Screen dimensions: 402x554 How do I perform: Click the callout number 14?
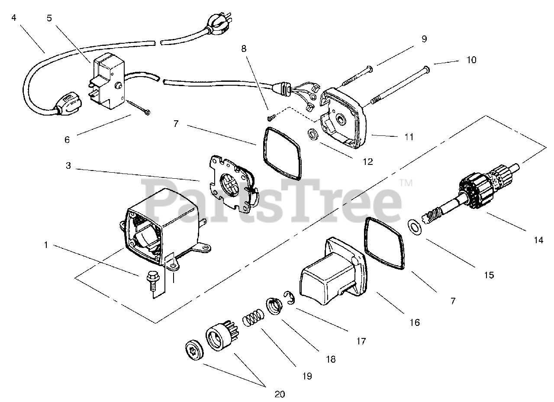pos(538,240)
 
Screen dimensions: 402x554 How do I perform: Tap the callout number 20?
pos(279,394)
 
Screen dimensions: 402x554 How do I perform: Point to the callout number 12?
pos(367,162)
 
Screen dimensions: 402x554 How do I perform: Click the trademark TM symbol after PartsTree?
pos(406,183)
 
